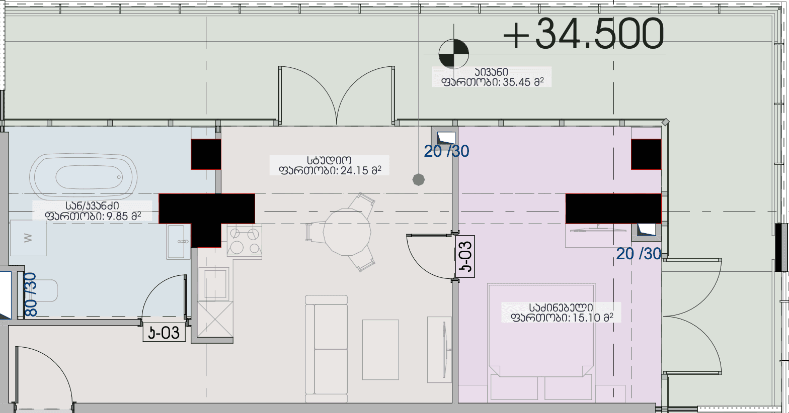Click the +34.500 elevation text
click(x=583, y=34)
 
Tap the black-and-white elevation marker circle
click(x=454, y=54)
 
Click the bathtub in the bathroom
click(x=83, y=176)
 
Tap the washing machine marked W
click(x=28, y=238)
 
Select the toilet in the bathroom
click(x=42, y=290)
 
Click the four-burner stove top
click(x=245, y=241)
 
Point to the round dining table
click(x=347, y=232)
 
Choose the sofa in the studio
click(x=326, y=349)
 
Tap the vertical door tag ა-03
click(x=465, y=256)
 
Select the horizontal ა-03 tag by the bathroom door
click(x=164, y=333)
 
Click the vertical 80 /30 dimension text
click(x=31, y=294)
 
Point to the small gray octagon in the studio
click(x=419, y=179)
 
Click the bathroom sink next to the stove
click(x=179, y=242)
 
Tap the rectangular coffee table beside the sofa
click(x=380, y=350)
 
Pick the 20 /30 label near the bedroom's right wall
click(x=639, y=254)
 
